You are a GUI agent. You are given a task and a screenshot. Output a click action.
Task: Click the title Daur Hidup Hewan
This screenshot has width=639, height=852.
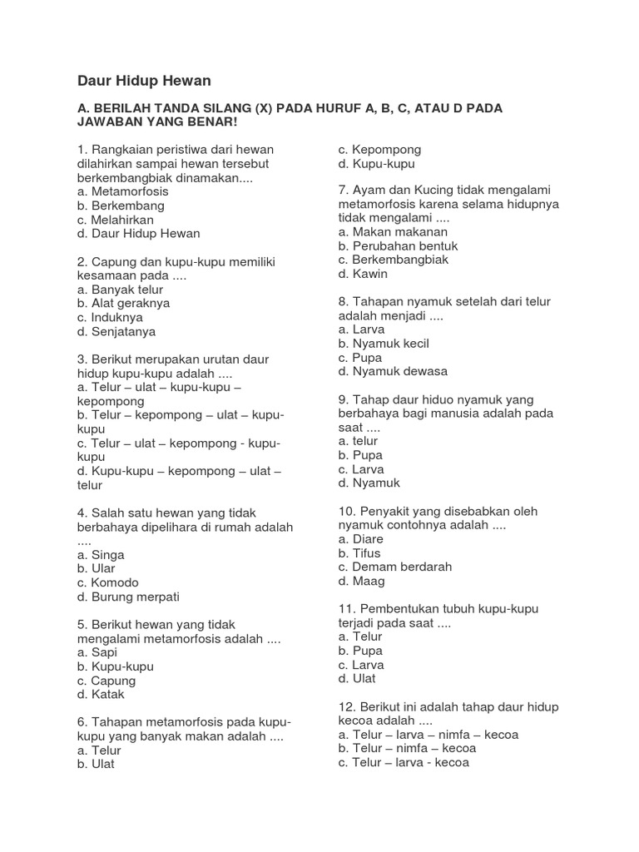click(144, 81)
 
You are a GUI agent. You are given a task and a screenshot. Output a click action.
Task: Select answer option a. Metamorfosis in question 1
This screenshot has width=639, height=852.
click(121, 191)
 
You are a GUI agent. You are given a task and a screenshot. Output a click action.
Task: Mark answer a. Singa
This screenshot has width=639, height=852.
click(101, 555)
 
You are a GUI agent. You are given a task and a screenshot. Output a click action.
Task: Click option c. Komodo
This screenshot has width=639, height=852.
click(107, 582)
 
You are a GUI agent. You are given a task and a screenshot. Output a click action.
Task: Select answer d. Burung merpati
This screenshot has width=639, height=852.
click(128, 597)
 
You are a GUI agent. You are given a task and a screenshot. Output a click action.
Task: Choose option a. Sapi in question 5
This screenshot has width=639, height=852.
click(99, 652)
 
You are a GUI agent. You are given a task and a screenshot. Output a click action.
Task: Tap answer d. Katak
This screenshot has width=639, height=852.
click(101, 695)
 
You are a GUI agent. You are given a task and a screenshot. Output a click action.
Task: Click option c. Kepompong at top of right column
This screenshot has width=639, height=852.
click(379, 150)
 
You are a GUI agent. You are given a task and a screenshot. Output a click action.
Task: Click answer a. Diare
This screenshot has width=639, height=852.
click(361, 540)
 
